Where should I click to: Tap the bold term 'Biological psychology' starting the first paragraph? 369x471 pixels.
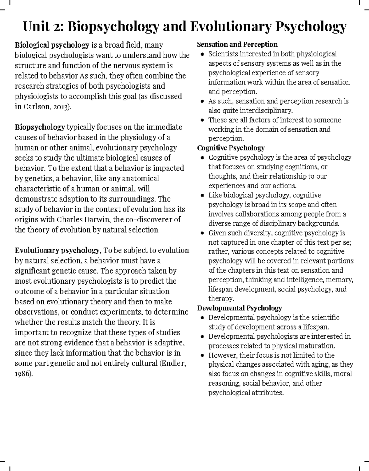52,45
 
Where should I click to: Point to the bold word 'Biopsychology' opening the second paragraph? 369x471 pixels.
40,127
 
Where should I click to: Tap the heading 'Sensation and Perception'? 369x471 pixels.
237,45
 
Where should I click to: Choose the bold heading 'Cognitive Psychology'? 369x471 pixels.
231,148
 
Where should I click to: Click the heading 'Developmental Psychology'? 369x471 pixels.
239,308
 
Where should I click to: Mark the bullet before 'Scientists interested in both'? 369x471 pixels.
202,54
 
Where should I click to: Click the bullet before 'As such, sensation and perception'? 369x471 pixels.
202,101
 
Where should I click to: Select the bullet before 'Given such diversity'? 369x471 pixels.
202,233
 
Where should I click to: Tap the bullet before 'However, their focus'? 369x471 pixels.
202,356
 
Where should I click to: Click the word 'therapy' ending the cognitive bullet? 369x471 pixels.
220,298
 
